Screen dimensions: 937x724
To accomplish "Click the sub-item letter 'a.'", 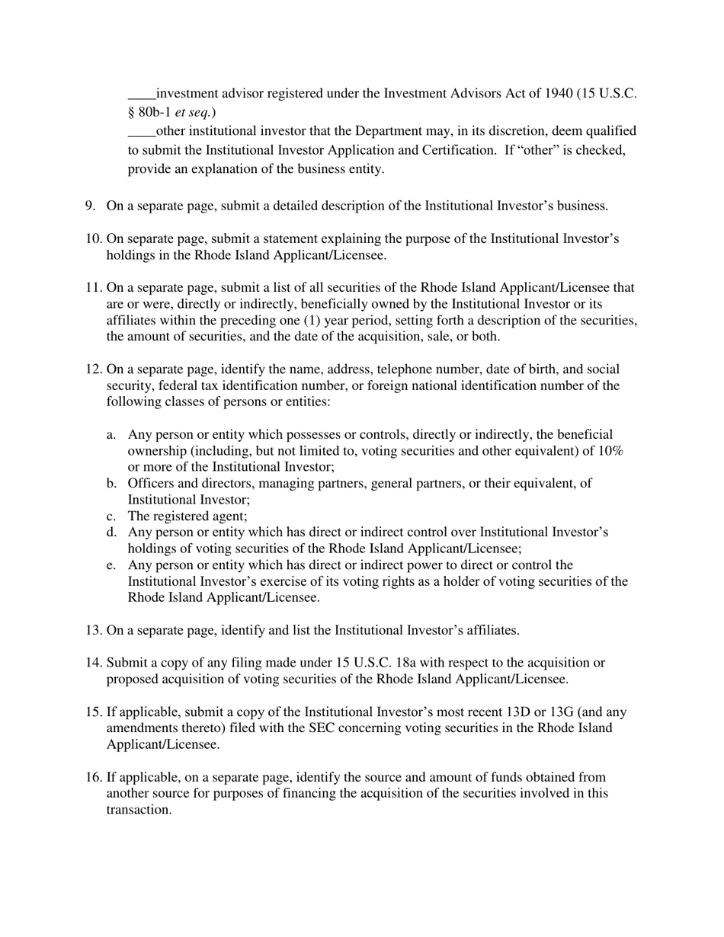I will coord(111,435).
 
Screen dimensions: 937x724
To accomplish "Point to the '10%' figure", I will coord(609,451).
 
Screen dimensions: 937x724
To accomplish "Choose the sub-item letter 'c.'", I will coord(111,516).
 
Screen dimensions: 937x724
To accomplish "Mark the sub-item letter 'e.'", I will coord(111,565).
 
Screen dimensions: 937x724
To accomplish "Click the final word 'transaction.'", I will coord(139,811).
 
